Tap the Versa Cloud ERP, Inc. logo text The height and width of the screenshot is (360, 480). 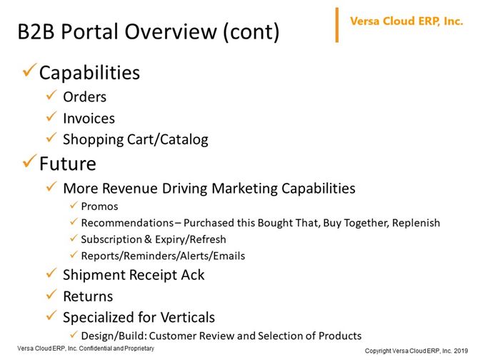click(406, 21)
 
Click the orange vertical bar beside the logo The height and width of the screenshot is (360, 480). click(337, 25)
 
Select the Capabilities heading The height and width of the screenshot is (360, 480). click(89, 73)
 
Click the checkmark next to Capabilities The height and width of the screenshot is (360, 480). click(30, 70)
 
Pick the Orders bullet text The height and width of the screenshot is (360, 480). click(85, 97)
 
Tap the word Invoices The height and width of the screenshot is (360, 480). click(89, 119)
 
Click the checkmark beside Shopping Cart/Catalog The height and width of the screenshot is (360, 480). click(51, 137)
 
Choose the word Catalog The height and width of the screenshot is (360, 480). click(184, 140)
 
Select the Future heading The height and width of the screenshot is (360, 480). click(68, 164)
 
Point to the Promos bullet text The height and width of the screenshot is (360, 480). click(99, 206)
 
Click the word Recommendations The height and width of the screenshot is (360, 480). click(127, 223)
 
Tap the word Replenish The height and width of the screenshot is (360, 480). click(416, 223)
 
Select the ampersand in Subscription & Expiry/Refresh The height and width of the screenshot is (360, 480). click(148, 239)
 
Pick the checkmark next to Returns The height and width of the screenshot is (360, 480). click(51, 294)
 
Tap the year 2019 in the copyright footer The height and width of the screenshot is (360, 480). click(461, 351)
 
